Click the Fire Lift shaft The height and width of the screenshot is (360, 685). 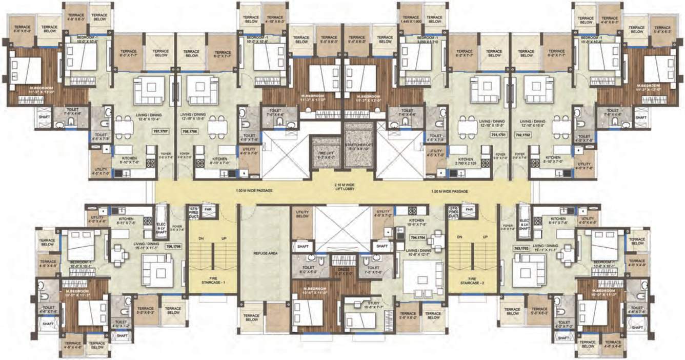click(326, 154)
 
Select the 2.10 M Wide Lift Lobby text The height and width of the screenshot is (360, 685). click(342, 188)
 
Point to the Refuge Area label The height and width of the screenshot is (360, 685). click(265, 253)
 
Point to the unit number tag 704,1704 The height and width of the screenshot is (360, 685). click(418, 237)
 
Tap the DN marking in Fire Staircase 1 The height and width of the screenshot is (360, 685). click(200, 237)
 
